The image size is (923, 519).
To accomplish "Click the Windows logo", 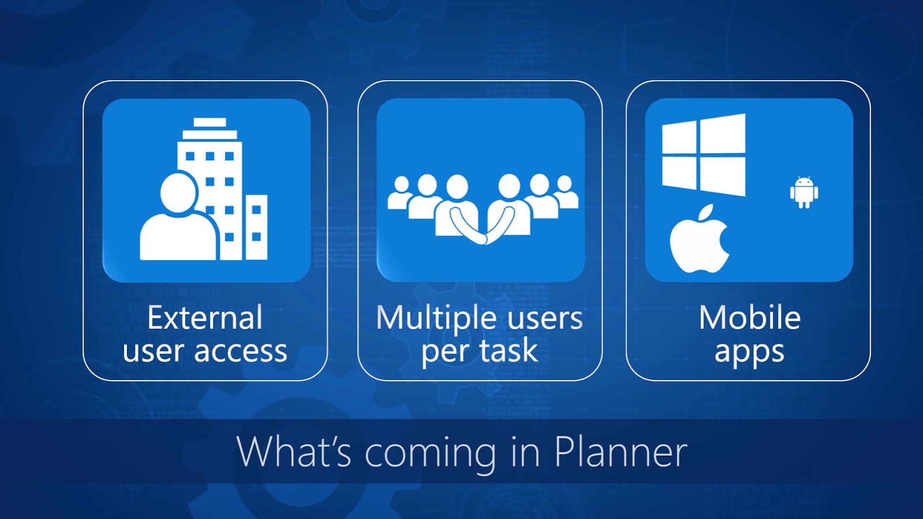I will tap(704, 155).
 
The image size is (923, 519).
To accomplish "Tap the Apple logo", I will tap(699, 243).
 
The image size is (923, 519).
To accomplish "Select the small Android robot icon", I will tap(804, 192).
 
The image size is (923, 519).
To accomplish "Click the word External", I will tap(205, 318).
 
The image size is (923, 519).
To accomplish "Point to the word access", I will tap(241, 351).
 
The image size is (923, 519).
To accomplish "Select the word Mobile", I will tap(749, 318).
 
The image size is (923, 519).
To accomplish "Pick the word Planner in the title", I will tap(621, 452).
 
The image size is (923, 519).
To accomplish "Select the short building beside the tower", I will tap(256, 227).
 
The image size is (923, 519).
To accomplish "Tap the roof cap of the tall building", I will tap(210, 122).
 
